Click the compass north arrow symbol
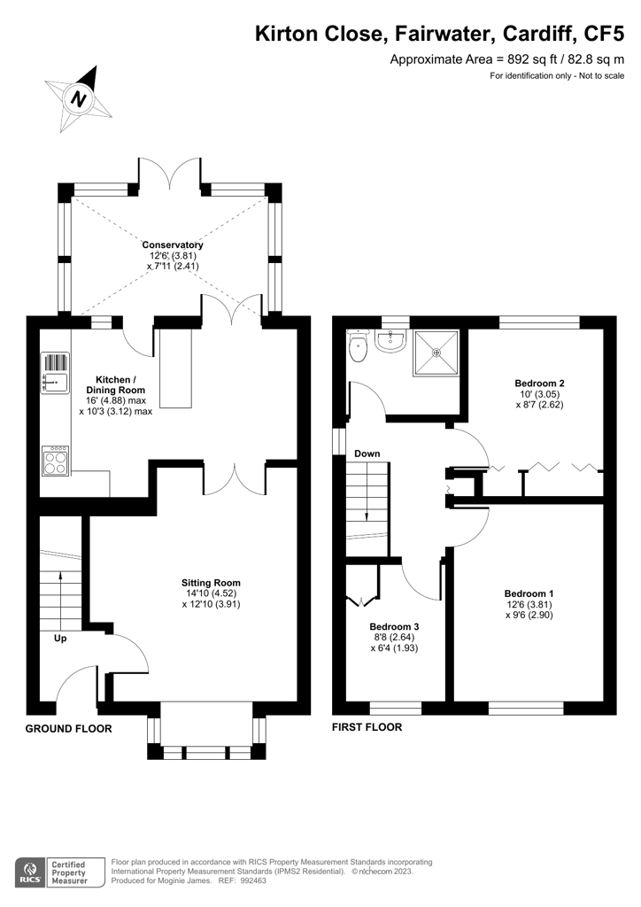point(79,98)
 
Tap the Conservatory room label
point(173,244)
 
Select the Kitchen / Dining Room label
point(116,384)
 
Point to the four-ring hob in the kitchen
point(55,461)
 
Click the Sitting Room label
point(211,583)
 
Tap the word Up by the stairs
point(60,638)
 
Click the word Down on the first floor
point(367,453)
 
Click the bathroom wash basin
point(392,341)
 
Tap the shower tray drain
point(436,351)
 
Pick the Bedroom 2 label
point(539,383)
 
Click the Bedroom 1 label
point(529,593)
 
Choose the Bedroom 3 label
point(394,626)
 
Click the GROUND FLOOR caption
point(69,729)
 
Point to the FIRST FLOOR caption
point(367,727)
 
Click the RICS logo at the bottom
point(31,872)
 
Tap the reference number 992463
point(253,881)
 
